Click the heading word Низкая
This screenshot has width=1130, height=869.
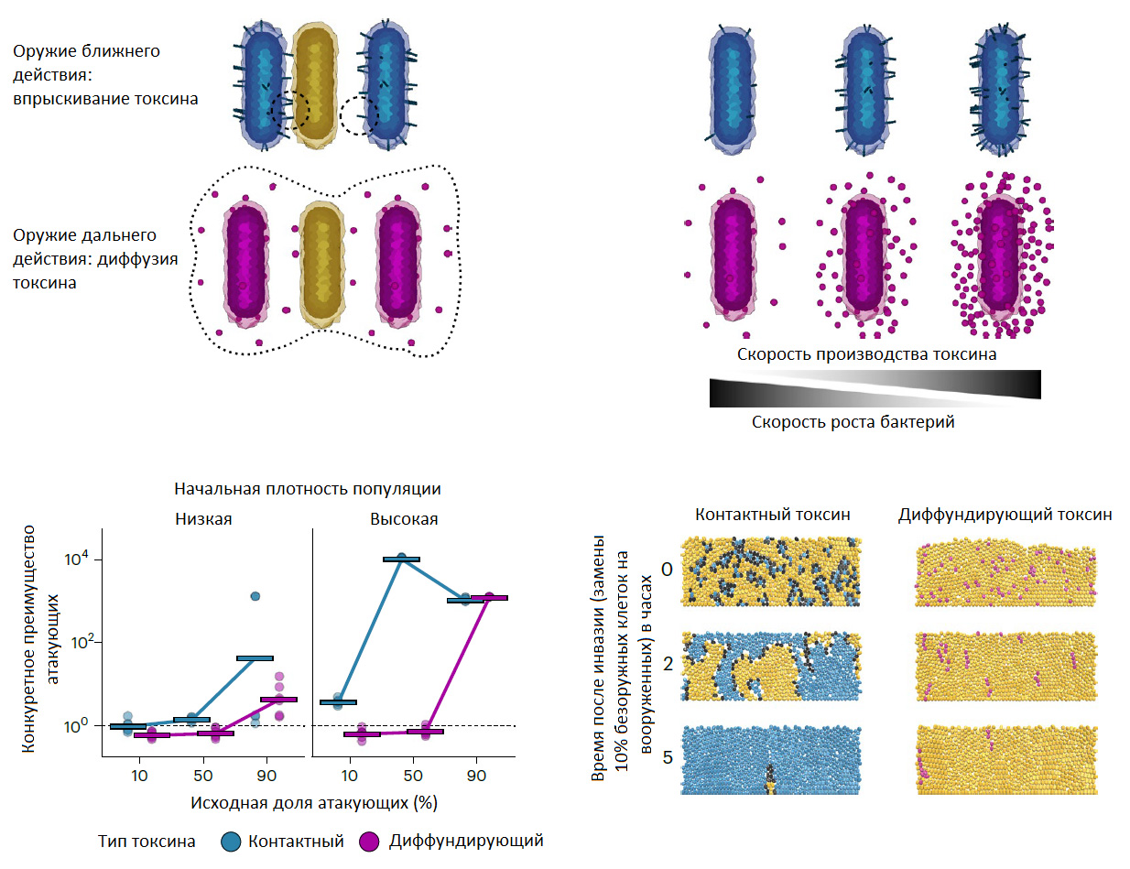(203, 519)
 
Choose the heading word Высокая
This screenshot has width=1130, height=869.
(404, 519)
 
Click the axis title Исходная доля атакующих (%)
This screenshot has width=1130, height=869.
(313, 803)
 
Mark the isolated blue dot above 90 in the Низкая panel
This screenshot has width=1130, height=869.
(255, 596)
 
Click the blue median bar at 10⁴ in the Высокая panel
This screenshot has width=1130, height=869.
(401, 559)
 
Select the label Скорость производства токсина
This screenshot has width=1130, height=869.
(866, 353)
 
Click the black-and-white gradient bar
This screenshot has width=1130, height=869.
(875, 388)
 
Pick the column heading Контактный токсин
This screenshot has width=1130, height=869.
(772, 515)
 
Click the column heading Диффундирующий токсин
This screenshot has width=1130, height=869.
(1005, 515)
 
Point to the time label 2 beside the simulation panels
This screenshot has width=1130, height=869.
(668, 663)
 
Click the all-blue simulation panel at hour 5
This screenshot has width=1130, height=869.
(772, 759)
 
